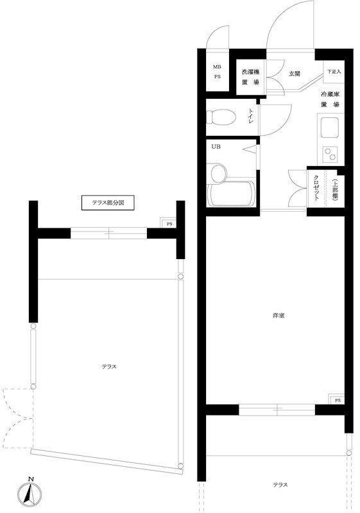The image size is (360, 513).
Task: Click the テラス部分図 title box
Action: pyautogui.click(x=108, y=204)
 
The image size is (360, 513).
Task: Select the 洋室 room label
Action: pyautogui.click(x=277, y=315)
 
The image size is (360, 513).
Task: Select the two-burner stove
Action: pyautogui.click(x=331, y=154)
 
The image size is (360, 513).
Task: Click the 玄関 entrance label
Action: pyautogui.click(x=295, y=74)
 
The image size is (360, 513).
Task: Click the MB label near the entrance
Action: pyautogui.click(x=217, y=66)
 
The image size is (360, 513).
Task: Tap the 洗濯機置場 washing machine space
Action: pyautogui.click(x=251, y=77)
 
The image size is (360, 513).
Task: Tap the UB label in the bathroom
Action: pyautogui.click(x=216, y=147)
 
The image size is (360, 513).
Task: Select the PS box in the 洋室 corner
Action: pyautogui.click(x=338, y=401)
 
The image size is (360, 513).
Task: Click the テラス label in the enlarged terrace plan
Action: pyautogui.click(x=108, y=366)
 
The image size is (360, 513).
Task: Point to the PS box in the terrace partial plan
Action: pyautogui.click(x=169, y=224)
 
